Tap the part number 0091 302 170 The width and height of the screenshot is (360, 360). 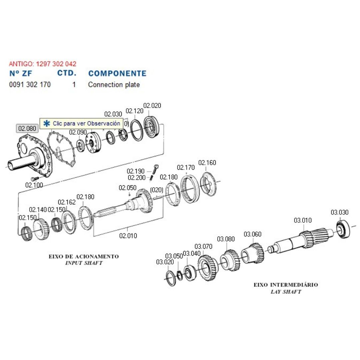(30, 85)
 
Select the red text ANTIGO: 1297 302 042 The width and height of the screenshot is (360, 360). (42, 64)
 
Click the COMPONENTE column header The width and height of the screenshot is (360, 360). (117, 73)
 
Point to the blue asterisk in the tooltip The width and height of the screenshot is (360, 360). (47, 123)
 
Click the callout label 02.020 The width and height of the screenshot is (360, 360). (152, 106)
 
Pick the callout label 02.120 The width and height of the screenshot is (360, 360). (134, 111)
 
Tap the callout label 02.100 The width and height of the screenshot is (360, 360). (34, 185)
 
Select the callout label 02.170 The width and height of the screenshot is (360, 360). (186, 167)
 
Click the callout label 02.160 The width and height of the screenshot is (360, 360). (207, 163)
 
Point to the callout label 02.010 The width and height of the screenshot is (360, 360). (128, 236)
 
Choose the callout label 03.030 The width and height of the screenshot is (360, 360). (339, 212)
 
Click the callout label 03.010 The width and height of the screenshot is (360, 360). (303, 220)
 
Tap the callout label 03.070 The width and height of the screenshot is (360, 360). (203, 247)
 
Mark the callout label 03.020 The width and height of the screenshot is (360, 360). (165, 262)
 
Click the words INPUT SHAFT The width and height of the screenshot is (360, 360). (84, 263)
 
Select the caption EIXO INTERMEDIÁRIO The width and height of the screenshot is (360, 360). (286, 285)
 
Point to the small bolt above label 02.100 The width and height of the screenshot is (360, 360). (33, 178)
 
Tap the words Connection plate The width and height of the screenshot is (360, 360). (114, 85)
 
